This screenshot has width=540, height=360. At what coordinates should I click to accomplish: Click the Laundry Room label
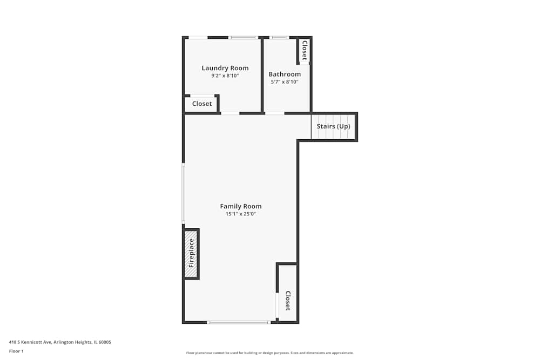click(x=225, y=68)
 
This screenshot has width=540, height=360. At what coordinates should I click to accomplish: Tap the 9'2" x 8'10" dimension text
click(x=225, y=76)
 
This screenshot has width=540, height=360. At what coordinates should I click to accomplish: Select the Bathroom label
click(x=285, y=74)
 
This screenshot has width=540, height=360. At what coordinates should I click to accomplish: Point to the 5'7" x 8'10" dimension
click(x=285, y=82)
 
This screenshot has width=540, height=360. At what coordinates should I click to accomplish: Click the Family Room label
click(x=241, y=206)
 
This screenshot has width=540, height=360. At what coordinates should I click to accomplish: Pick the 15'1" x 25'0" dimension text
click(x=241, y=214)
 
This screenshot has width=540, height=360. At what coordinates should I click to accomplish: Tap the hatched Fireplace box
click(x=191, y=254)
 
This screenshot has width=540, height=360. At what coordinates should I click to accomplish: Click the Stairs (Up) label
click(x=333, y=126)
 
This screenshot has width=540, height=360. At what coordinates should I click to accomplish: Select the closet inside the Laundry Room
click(x=201, y=104)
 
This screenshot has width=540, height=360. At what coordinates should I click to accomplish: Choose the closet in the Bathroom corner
click(x=305, y=50)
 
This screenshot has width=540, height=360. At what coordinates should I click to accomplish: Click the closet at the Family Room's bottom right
click(x=287, y=293)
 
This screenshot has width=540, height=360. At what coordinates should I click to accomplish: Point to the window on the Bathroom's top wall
click(x=279, y=38)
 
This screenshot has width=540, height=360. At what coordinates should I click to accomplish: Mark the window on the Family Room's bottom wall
click(x=239, y=322)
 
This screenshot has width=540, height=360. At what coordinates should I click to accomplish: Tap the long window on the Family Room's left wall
click(x=183, y=193)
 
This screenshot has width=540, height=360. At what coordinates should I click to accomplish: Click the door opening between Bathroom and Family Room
click(x=274, y=113)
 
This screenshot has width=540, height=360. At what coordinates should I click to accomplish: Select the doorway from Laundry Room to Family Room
click(x=230, y=113)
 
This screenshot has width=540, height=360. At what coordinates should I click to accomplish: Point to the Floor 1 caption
click(x=16, y=351)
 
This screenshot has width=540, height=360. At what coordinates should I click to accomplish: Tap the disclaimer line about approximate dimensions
click(x=270, y=353)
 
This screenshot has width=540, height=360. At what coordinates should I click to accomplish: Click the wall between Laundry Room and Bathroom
click(x=262, y=75)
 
